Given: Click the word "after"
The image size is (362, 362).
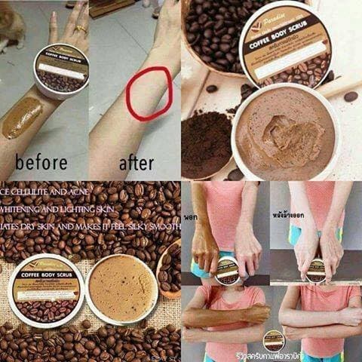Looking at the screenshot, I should click(x=136, y=162).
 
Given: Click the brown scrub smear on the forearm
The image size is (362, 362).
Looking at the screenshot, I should click(x=23, y=117).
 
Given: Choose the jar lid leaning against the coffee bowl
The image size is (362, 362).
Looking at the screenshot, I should click(x=286, y=45).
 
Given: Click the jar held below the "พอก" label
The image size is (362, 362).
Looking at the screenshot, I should click(x=226, y=269).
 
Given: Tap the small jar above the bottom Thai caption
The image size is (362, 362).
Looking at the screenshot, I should click(x=273, y=337).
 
